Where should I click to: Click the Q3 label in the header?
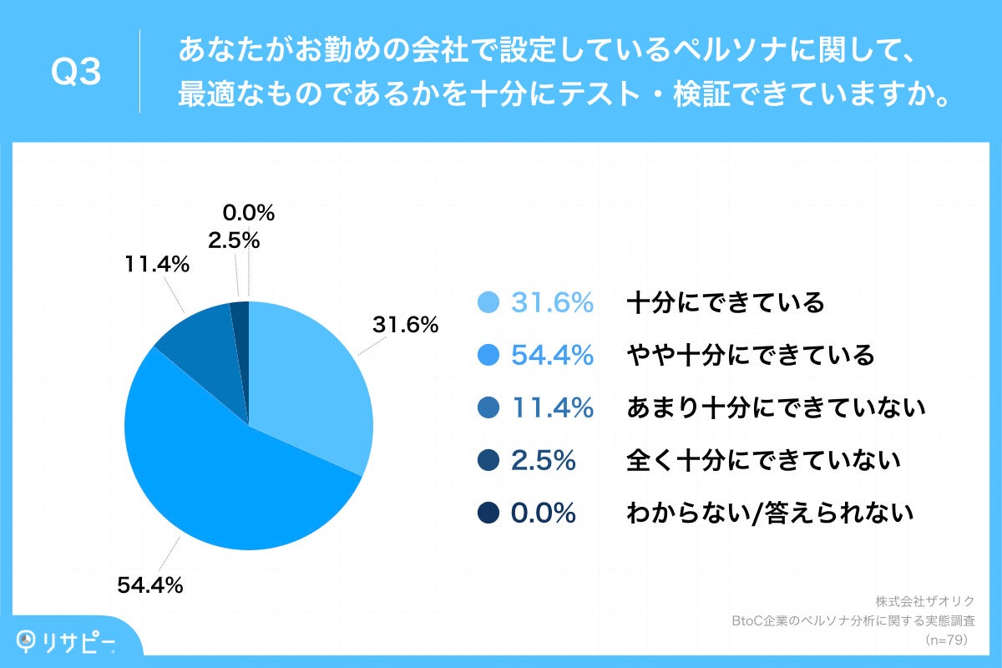(76, 73)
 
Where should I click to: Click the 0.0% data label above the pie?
(249, 213)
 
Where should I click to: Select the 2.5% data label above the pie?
(234, 240)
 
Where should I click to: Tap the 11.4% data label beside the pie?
(157, 266)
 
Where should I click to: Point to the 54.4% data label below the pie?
(149, 585)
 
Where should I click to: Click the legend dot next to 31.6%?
(490, 302)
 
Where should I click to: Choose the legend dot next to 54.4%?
(490, 355)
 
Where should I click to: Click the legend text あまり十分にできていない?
(776, 407)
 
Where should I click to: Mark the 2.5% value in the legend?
(543, 461)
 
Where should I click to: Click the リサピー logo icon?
(28, 640)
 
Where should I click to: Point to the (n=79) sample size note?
(945, 640)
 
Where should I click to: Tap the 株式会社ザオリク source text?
(925, 601)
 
